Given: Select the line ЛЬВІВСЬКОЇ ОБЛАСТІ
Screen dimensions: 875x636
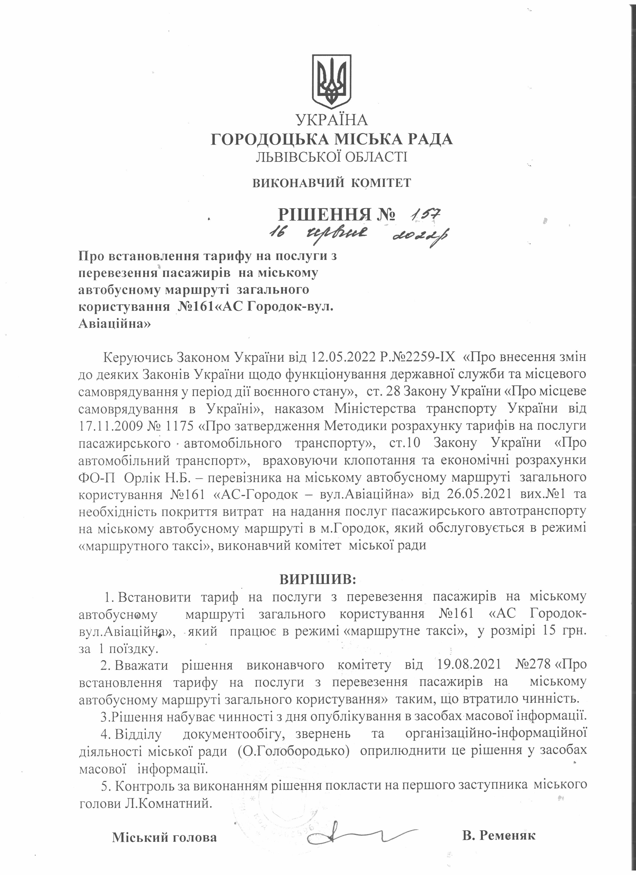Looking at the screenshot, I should pos(332,157).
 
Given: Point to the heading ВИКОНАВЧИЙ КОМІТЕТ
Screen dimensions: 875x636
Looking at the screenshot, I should pos(332,183).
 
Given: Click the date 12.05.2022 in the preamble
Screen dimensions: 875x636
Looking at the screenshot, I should pos(343,357).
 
